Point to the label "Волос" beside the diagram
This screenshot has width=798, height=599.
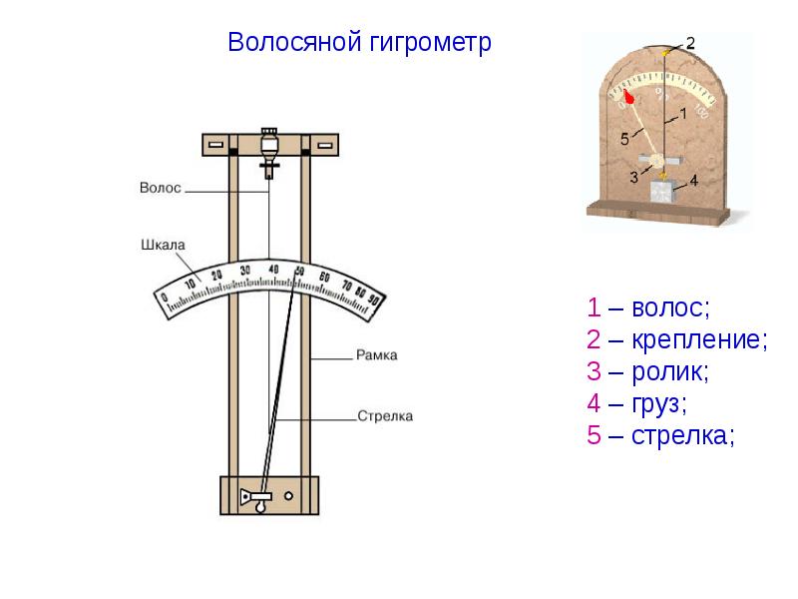point(161,187)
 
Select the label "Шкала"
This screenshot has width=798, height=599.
point(161,243)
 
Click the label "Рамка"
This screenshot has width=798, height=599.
point(376,354)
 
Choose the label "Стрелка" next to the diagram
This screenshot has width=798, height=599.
point(384,416)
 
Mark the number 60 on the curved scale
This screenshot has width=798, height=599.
point(323,277)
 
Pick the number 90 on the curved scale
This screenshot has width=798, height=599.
point(374,298)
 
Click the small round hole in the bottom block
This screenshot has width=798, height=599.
point(288,495)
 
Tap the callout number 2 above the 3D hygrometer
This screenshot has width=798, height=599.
point(690,39)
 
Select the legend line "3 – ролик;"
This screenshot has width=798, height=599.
point(648,371)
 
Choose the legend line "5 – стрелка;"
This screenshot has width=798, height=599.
point(660,435)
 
